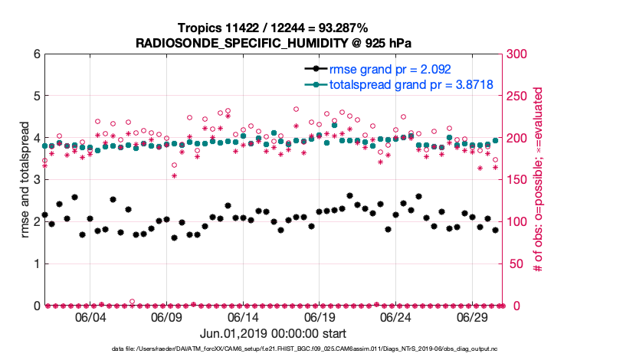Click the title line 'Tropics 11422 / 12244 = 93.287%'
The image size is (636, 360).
(x=273, y=28)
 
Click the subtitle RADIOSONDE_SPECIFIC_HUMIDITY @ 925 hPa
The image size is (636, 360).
(x=273, y=42)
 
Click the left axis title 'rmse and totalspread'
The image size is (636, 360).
(x=24, y=180)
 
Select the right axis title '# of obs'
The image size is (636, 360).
(x=539, y=180)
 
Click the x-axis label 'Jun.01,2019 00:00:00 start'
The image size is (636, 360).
(x=273, y=334)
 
